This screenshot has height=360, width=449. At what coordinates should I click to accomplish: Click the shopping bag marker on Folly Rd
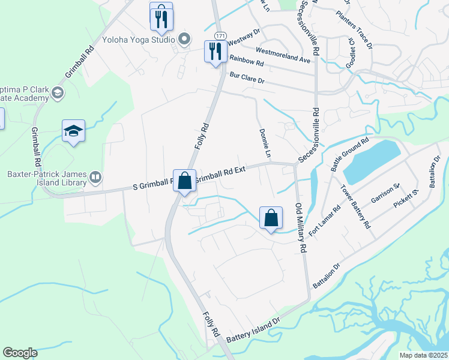[x=184, y=179]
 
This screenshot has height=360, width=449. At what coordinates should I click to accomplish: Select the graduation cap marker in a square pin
[x=73, y=131]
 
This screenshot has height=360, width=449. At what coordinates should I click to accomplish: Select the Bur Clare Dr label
[x=247, y=77]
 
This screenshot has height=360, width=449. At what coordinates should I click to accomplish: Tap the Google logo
[x=20, y=353]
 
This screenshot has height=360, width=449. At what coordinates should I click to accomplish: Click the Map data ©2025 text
[x=423, y=355]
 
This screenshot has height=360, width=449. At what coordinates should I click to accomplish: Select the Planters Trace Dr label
[x=355, y=29]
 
